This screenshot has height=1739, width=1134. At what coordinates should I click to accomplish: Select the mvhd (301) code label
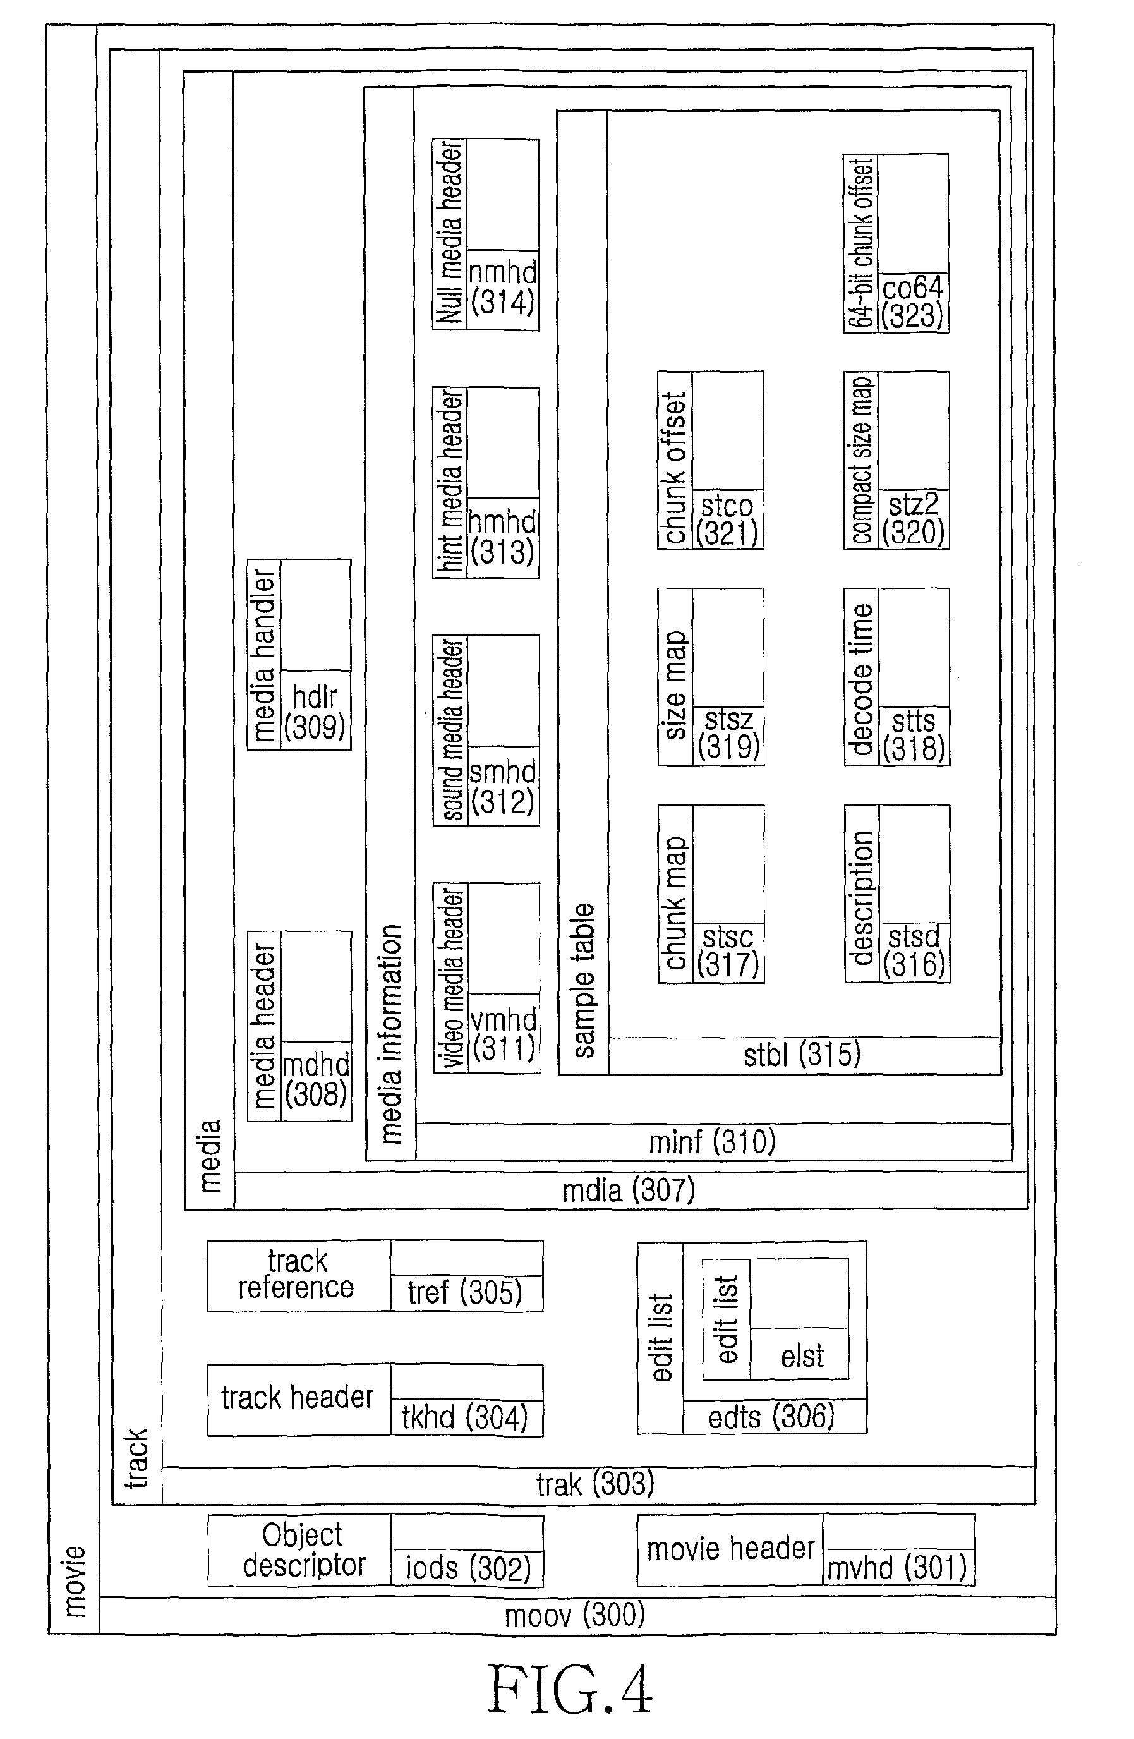[x=896, y=1568]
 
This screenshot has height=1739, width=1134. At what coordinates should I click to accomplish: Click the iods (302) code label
[x=467, y=1568]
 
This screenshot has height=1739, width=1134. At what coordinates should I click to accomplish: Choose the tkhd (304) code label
[x=465, y=1417]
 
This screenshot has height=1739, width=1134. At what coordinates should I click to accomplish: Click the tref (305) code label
[x=465, y=1292]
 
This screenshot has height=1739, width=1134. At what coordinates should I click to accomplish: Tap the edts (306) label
[x=771, y=1417]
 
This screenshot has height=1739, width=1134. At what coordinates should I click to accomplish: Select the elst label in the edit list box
[x=802, y=1356]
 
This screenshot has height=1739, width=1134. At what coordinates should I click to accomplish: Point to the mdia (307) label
[x=629, y=1191]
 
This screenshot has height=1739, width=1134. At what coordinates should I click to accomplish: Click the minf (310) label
[x=713, y=1141]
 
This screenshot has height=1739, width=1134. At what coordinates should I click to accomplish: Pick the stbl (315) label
[x=802, y=1055]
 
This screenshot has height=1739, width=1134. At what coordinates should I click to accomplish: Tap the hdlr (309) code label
[x=315, y=712]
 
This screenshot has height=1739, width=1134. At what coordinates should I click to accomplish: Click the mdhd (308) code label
[x=316, y=1080]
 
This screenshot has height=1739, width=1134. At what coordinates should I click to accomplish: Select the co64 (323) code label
[x=913, y=302]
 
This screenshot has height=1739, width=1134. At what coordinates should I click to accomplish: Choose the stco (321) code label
[x=727, y=519]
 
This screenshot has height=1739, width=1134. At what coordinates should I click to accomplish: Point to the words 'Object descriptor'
[x=303, y=1550]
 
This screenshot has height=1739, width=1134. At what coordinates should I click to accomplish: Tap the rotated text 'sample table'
[x=584, y=981]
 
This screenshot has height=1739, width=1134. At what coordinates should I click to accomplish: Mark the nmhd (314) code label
[x=503, y=287]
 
